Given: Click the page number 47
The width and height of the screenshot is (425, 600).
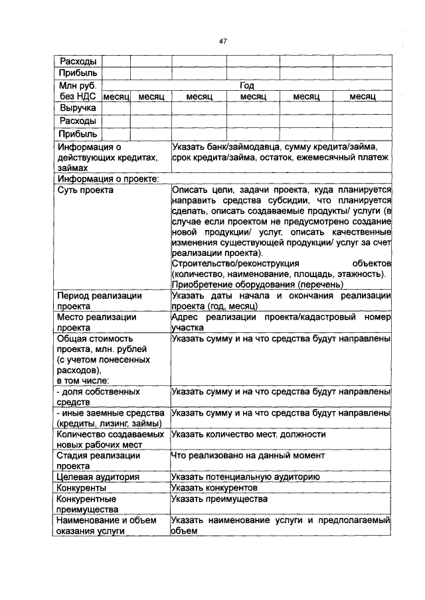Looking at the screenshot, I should coord(223,41).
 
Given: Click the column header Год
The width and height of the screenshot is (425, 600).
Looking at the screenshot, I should coord(247,86).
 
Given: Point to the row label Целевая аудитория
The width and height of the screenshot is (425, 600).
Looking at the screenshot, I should coord(98,477).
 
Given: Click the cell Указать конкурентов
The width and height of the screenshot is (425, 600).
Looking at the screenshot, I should coord(220,487).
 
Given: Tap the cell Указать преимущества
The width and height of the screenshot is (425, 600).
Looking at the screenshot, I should coord(219,499).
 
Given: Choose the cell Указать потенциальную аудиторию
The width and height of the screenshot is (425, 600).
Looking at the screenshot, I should coord(246,477).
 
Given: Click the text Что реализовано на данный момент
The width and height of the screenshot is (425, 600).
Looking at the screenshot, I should coord(248,455).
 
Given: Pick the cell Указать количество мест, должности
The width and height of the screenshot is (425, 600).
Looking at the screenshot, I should coord(248,434).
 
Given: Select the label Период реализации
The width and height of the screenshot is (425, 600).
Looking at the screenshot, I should coord(99,296).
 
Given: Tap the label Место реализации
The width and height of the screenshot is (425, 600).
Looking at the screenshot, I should coord(96,317).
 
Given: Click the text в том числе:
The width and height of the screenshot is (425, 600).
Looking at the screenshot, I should coord(83,381).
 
